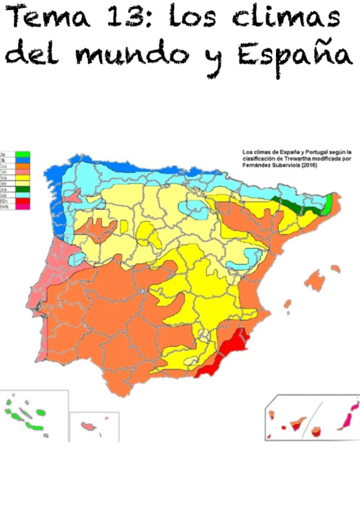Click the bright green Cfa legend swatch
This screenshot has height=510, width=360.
click(x=23, y=154)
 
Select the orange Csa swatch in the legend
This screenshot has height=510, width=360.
click(x=23, y=167)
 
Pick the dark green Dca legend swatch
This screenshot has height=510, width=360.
click(x=23, y=189)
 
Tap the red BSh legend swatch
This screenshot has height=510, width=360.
click(x=23, y=201)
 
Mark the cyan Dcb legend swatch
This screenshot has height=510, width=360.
click(x=23, y=195)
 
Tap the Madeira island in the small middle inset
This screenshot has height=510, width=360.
click(x=90, y=426)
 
